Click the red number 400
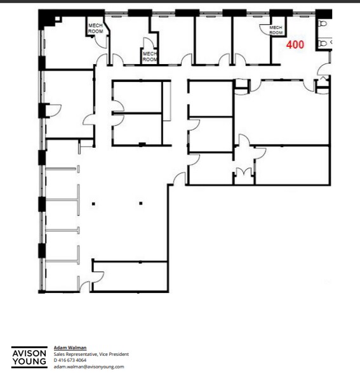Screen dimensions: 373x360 coord(295,45)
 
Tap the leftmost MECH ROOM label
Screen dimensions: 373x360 coord(95,28)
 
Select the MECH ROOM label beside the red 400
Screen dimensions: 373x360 coord(276,30)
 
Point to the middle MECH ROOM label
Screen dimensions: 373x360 coord(150,56)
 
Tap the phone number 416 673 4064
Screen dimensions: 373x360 coord(72,360)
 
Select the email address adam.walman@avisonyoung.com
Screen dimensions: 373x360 coord(89,367)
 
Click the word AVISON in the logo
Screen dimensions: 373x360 coord(29,353)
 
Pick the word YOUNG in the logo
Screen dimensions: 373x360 coord(29,362)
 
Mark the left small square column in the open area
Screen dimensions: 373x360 coord(93,203)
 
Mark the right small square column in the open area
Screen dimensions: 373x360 coord(141,203)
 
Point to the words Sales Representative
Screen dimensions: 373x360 coord(76,354)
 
